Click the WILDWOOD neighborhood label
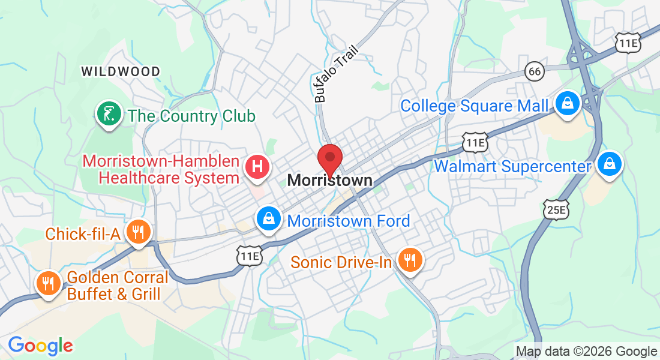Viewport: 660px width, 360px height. (121, 72)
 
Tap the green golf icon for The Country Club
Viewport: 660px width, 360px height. (109, 114)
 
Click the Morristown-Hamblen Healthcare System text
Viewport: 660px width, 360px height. (161, 170)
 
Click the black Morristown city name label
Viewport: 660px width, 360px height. (329, 180)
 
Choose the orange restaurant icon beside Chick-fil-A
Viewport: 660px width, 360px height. (139, 232)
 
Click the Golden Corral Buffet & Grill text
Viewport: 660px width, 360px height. (118, 286)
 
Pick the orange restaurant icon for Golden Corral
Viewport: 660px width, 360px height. (47, 283)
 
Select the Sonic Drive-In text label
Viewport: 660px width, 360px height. (341, 262)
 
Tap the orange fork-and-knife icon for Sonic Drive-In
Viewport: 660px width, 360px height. (410, 260)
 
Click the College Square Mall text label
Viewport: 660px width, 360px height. (474, 106)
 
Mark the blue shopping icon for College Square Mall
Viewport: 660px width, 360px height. (566, 104)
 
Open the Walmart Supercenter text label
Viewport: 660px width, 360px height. (512, 166)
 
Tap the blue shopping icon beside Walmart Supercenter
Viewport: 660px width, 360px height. (610, 163)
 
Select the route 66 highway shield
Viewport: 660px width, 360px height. (534, 71)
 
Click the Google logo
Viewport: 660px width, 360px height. (40, 346)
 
